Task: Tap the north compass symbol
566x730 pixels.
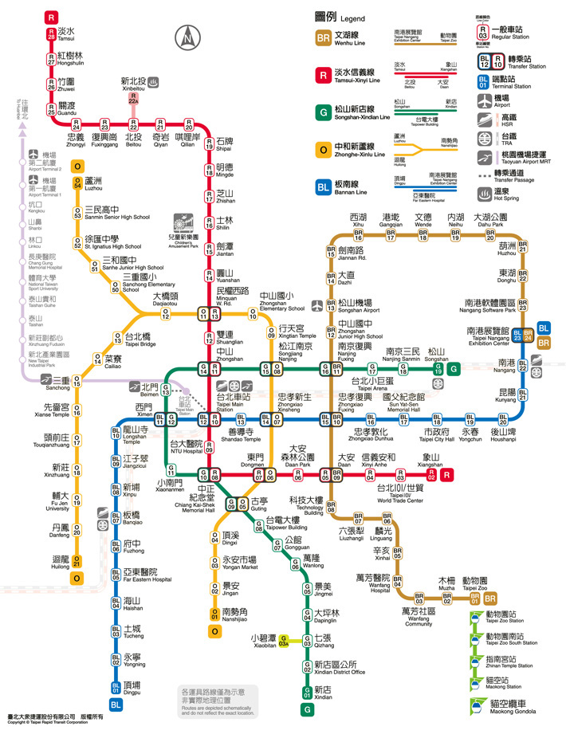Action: click(188, 37)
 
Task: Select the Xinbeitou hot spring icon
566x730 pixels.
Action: click(155, 81)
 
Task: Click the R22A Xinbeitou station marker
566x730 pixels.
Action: click(134, 100)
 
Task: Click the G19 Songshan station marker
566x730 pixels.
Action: click(437, 369)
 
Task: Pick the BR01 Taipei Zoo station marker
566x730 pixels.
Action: click(475, 596)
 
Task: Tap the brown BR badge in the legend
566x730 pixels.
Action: click(323, 37)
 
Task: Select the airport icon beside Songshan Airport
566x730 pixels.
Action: click(319, 305)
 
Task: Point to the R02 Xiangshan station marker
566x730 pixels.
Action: click(431, 476)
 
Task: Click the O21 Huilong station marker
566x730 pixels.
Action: click(77, 560)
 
